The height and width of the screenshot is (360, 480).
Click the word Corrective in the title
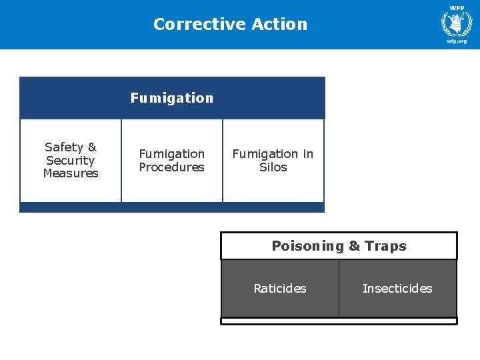190,24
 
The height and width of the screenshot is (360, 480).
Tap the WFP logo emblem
457,25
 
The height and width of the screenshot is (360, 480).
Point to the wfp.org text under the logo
457,41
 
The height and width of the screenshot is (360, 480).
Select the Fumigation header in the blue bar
172,98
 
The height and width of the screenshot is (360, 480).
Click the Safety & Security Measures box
71,160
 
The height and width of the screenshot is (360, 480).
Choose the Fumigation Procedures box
172,160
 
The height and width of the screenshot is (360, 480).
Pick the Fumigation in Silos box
273,160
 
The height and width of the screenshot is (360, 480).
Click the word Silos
273,167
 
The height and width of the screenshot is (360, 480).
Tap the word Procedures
172,167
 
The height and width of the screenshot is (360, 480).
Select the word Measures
71,173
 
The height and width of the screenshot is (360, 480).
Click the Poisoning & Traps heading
339,246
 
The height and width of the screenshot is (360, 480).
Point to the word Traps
386,246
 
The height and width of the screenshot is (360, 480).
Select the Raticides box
280,289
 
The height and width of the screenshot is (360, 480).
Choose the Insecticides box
397,289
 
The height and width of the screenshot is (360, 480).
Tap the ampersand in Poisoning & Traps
354,246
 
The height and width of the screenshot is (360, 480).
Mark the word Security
71,160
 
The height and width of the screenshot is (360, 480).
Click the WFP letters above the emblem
457,8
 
